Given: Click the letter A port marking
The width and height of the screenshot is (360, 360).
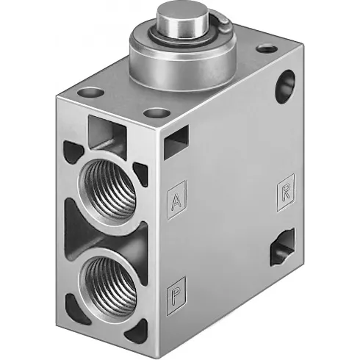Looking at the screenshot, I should tap(176, 199).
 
